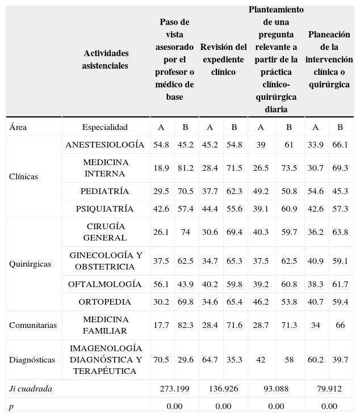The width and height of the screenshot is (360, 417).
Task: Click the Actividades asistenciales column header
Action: [106, 60]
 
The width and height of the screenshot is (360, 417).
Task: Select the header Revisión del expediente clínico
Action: [223, 60]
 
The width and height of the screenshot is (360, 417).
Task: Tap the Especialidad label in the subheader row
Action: [105, 127]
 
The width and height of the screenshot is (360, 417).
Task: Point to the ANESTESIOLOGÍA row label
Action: [105, 145]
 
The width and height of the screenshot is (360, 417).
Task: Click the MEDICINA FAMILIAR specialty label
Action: [106, 325]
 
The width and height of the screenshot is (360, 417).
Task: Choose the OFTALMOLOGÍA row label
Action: [105, 284]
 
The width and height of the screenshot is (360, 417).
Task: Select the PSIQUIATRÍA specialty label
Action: [105, 209]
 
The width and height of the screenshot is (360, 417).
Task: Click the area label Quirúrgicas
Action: [30, 264]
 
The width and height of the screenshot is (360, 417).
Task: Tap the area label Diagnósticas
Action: [32, 360]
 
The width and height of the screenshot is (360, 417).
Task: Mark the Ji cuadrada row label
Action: [31, 389]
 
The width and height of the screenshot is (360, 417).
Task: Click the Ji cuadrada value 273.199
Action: [174, 389]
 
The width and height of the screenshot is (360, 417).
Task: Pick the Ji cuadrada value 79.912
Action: [329, 389]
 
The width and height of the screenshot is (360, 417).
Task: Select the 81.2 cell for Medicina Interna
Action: [185, 168]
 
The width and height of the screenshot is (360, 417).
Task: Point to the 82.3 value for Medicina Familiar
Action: [185, 325]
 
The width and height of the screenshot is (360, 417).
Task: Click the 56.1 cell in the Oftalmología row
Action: [161, 284]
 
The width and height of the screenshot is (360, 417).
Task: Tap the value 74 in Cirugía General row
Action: [185, 232]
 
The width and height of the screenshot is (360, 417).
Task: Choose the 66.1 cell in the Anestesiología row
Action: [340, 145]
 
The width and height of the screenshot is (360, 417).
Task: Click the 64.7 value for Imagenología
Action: [210, 359]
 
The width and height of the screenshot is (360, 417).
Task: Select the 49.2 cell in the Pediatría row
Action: [261, 191]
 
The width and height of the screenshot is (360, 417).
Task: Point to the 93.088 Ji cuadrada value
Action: [276, 389]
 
